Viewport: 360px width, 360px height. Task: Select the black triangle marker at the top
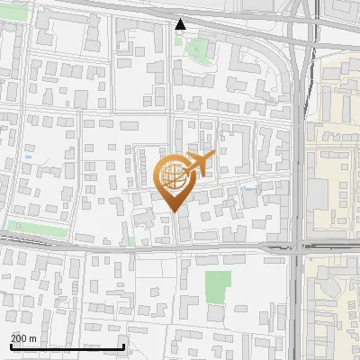click(181, 24)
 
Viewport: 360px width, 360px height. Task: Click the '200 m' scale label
click(24, 338)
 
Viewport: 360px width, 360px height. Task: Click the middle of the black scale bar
click(67, 346)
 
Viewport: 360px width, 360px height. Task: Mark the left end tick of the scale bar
click(11, 346)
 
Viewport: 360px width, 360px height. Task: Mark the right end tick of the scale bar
click(123, 346)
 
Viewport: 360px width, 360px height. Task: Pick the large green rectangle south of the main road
click(217, 287)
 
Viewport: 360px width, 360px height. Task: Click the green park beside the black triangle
click(197, 50)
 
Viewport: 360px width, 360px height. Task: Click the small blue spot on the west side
click(30, 157)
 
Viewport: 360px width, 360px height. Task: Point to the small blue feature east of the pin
click(248, 188)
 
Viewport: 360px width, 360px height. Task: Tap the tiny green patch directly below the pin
click(131, 240)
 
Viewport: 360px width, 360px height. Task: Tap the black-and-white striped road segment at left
click(27, 239)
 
